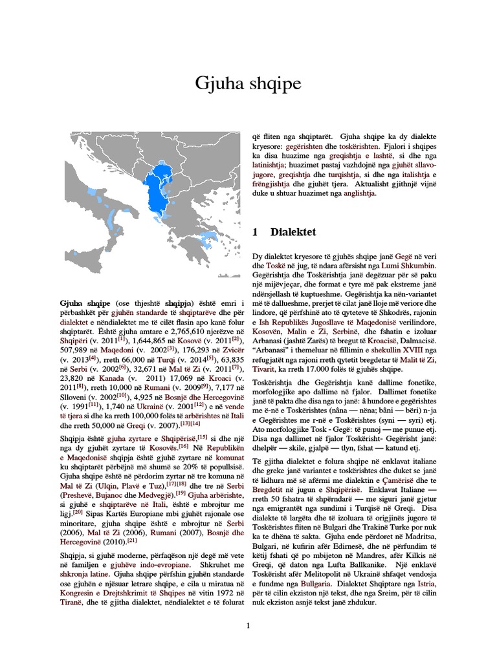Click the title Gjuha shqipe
[248, 84]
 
